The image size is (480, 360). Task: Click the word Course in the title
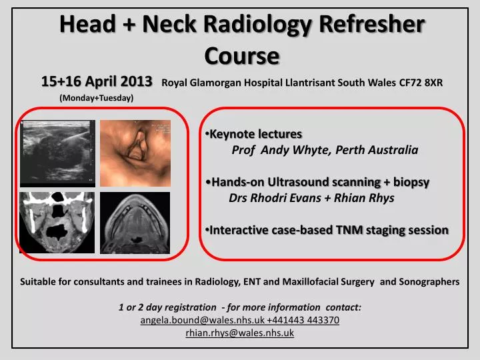pyautogui.click(x=241, y=55)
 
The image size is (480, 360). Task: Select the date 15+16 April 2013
pyautogui.click(x=97, y=82)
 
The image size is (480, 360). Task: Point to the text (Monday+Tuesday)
pyautogui.click(x=97, y=98)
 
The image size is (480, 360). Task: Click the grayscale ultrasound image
pyautogui.click(x=57, y=152)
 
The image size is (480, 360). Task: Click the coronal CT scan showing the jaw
pyautogui.click(x=57, y=222)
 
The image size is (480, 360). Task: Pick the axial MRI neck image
pyautogui.click(x=135, y=222)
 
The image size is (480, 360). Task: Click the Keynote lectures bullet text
pyautogui.click(x=255, y=134)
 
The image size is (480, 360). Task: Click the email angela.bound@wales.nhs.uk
pyautogui.click(x=203, y=320)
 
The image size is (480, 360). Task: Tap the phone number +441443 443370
pyautogui.click(x=303, y=320)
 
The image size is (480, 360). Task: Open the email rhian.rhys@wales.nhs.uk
pyautogui.click(x=239, y=333)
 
